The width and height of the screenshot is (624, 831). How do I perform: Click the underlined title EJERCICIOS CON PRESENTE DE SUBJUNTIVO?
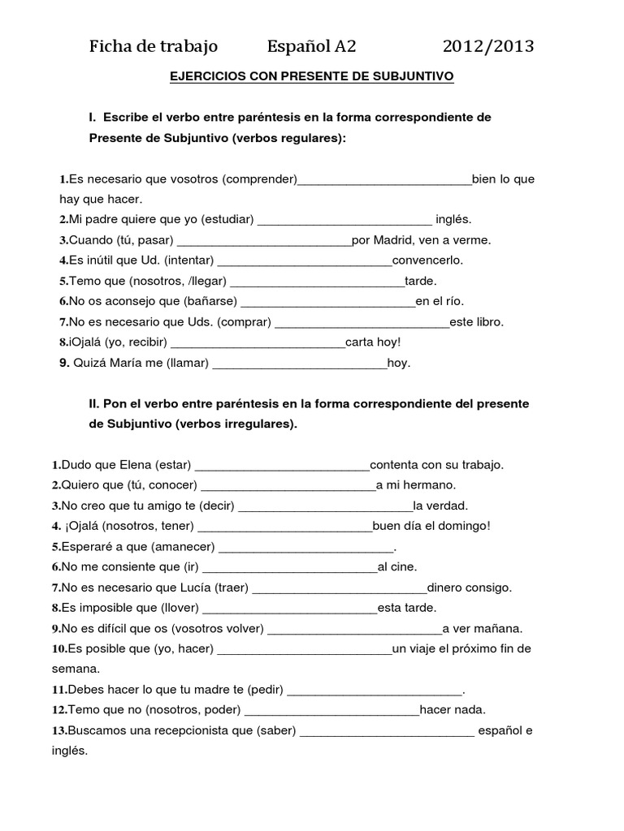pyautogui.click(x=311, y=76)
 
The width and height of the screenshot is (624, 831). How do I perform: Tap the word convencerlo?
pyautogui.click(x=427, y=260)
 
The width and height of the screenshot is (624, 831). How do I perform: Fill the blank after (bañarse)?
pyautogui.click(x=328, y=302)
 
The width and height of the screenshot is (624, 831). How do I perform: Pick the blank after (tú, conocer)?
pyautogui.click(x=288, y=485)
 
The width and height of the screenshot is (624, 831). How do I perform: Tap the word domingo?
pyautogui.click(x=466, y=526)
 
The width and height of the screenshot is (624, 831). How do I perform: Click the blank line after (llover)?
pyautogui.click(x=289, y=608)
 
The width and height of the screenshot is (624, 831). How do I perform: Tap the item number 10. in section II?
pyautogui.click(x=58, y=649)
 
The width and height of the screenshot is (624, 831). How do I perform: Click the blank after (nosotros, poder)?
pyautogui.click(x=331, y=710)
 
